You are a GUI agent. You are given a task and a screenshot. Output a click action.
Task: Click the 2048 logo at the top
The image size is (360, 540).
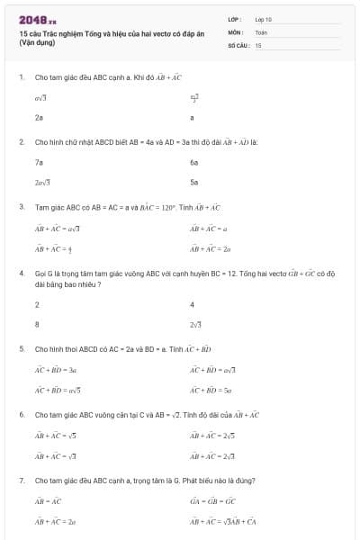pyautogui.click(x=37, y=19)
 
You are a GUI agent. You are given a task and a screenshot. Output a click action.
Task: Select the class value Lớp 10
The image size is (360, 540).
pyautogui.click(x=263, y=19)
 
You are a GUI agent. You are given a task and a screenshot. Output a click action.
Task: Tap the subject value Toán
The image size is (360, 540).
pyautogui.click(x=261, y=31)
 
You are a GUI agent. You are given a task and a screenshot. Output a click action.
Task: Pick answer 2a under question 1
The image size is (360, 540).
pyautogui.click(x=39, y=117)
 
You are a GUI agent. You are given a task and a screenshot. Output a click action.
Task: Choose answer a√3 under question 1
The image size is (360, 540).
pyautogui.click(x=40, y=96)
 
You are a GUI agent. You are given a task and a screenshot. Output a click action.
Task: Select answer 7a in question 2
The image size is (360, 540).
pyautogui.click(x=39, y=162)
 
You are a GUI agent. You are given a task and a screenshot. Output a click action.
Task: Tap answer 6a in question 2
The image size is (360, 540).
pyautogui.click(x=193, y=162)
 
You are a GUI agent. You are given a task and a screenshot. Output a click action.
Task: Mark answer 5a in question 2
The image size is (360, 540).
pyautogui.click(x=193, y=182)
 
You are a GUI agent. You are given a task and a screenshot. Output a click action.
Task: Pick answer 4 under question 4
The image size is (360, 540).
pyautogui.click(x=192, y=304)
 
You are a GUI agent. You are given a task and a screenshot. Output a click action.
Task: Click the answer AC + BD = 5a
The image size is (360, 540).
pyautogui.click(x=211, y=390)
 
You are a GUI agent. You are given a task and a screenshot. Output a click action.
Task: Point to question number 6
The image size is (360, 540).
pyautogui.click(x=21, y=415)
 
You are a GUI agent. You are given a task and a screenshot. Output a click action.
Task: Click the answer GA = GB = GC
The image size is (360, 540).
pyautogui.click(x=212, y=500)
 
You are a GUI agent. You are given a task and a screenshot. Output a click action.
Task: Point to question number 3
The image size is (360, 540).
pyautogui.click(x=21, y=207)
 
